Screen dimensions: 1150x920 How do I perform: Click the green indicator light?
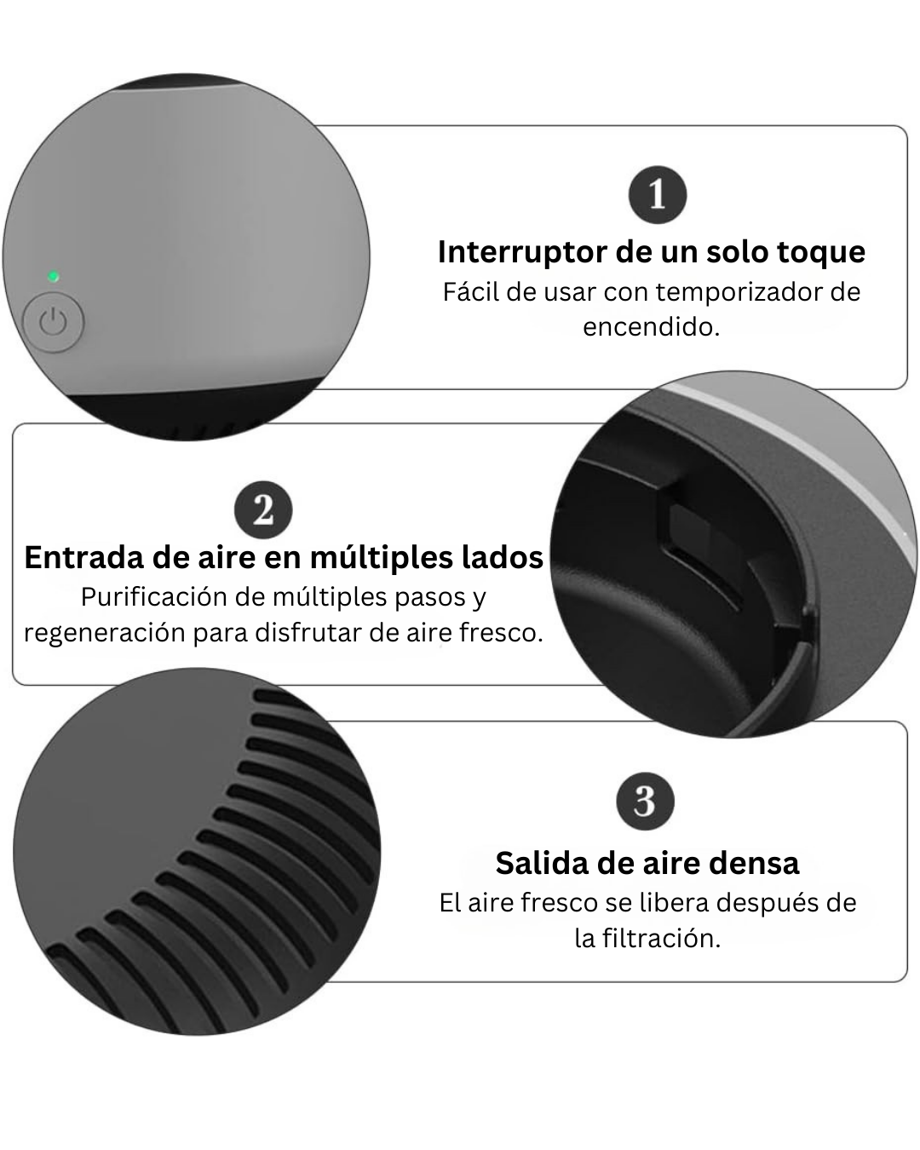click(54, 277)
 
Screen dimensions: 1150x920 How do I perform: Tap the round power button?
click(54, 323)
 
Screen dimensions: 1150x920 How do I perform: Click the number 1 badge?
click(657, 194)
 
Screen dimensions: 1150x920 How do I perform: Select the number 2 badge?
click(263, 511)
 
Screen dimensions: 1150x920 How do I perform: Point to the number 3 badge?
click(645, 802)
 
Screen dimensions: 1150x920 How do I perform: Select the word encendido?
click(651, 327)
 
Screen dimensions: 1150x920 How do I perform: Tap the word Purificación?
click(157, 597)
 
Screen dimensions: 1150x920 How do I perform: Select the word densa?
click(756, 863)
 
